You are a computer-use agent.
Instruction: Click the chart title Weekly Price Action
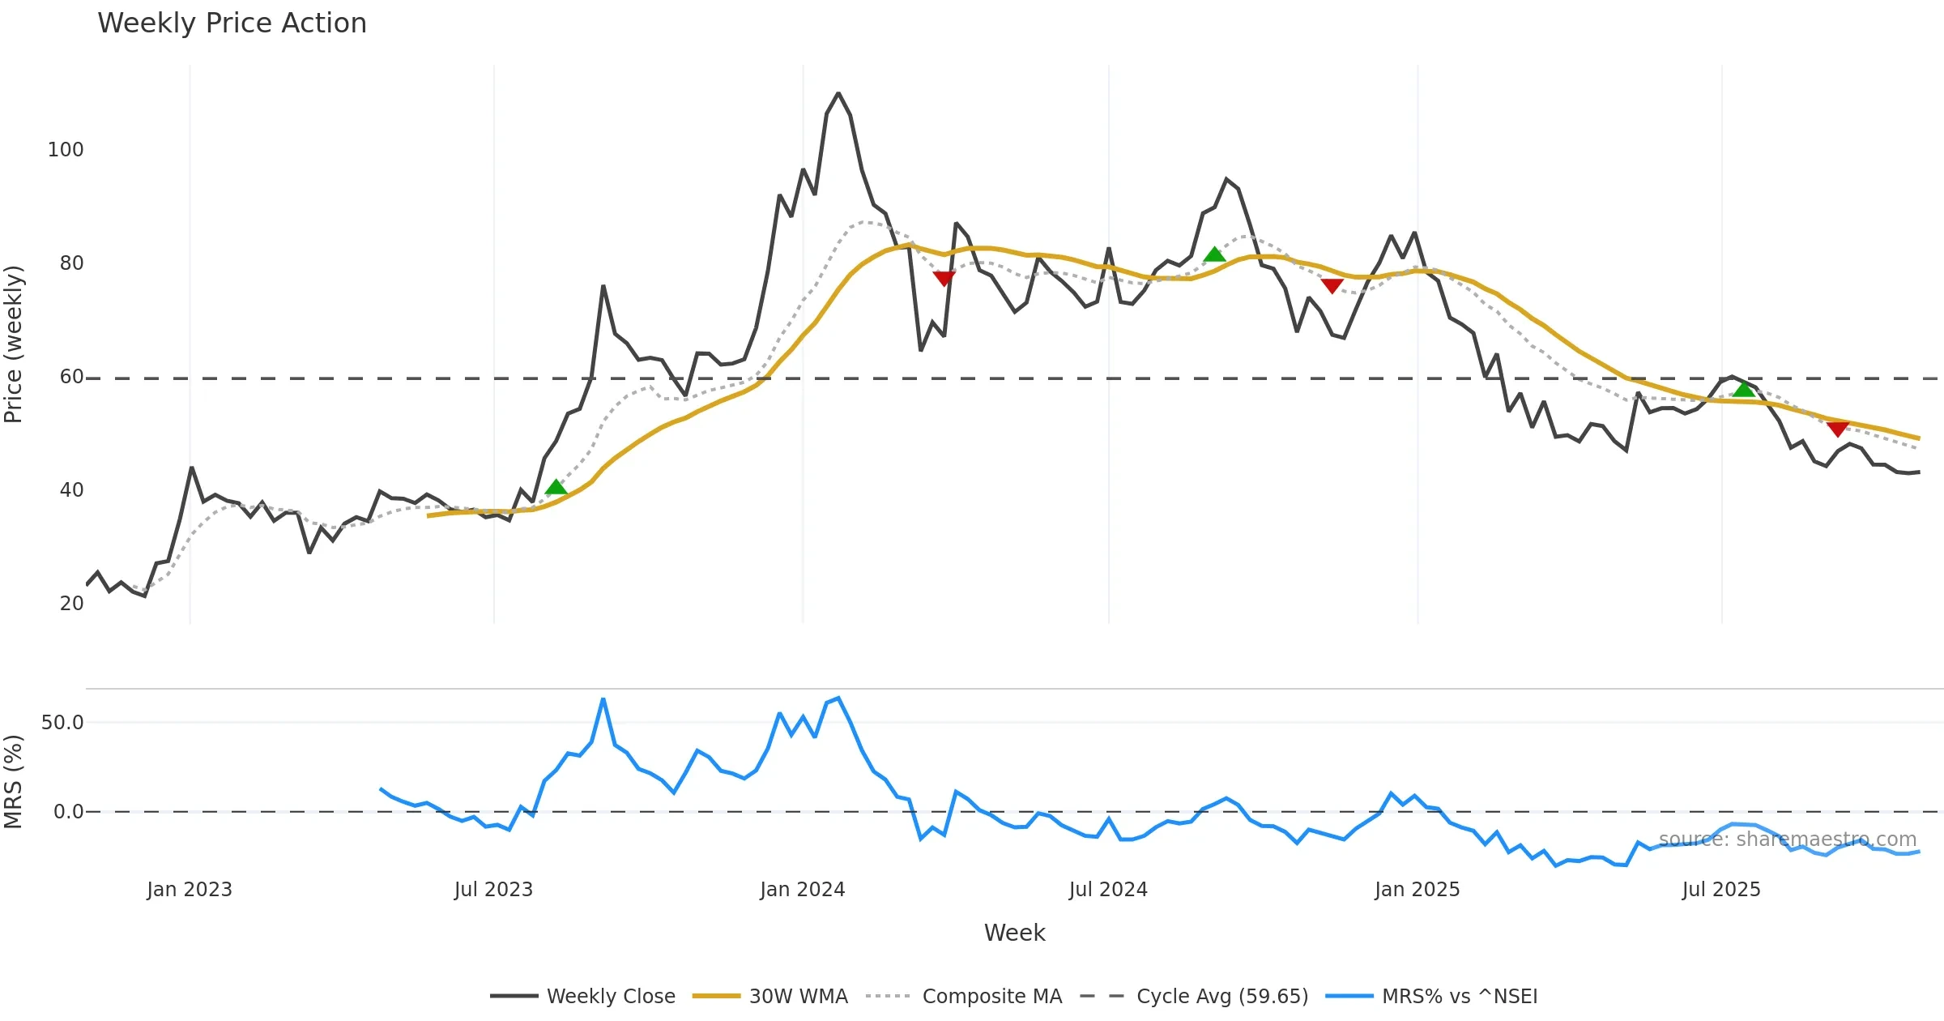232,23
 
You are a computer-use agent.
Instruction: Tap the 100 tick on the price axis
66,150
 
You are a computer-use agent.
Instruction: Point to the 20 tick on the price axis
71,604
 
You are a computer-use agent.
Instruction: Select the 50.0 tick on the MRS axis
62,723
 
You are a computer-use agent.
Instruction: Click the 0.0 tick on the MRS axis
68,812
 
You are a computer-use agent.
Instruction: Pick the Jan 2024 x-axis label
802,890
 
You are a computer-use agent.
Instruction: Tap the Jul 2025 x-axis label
1721,890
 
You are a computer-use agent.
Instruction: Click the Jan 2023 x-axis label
190,890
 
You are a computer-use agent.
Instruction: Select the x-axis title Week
1014,933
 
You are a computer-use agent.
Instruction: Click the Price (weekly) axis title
14,344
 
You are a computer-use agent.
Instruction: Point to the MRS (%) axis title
14,782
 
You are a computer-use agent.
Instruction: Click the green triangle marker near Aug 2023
556,487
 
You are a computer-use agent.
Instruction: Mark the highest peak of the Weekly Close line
838,93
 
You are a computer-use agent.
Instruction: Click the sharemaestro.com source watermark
1788,839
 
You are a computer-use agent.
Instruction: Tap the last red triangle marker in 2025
1838,429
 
